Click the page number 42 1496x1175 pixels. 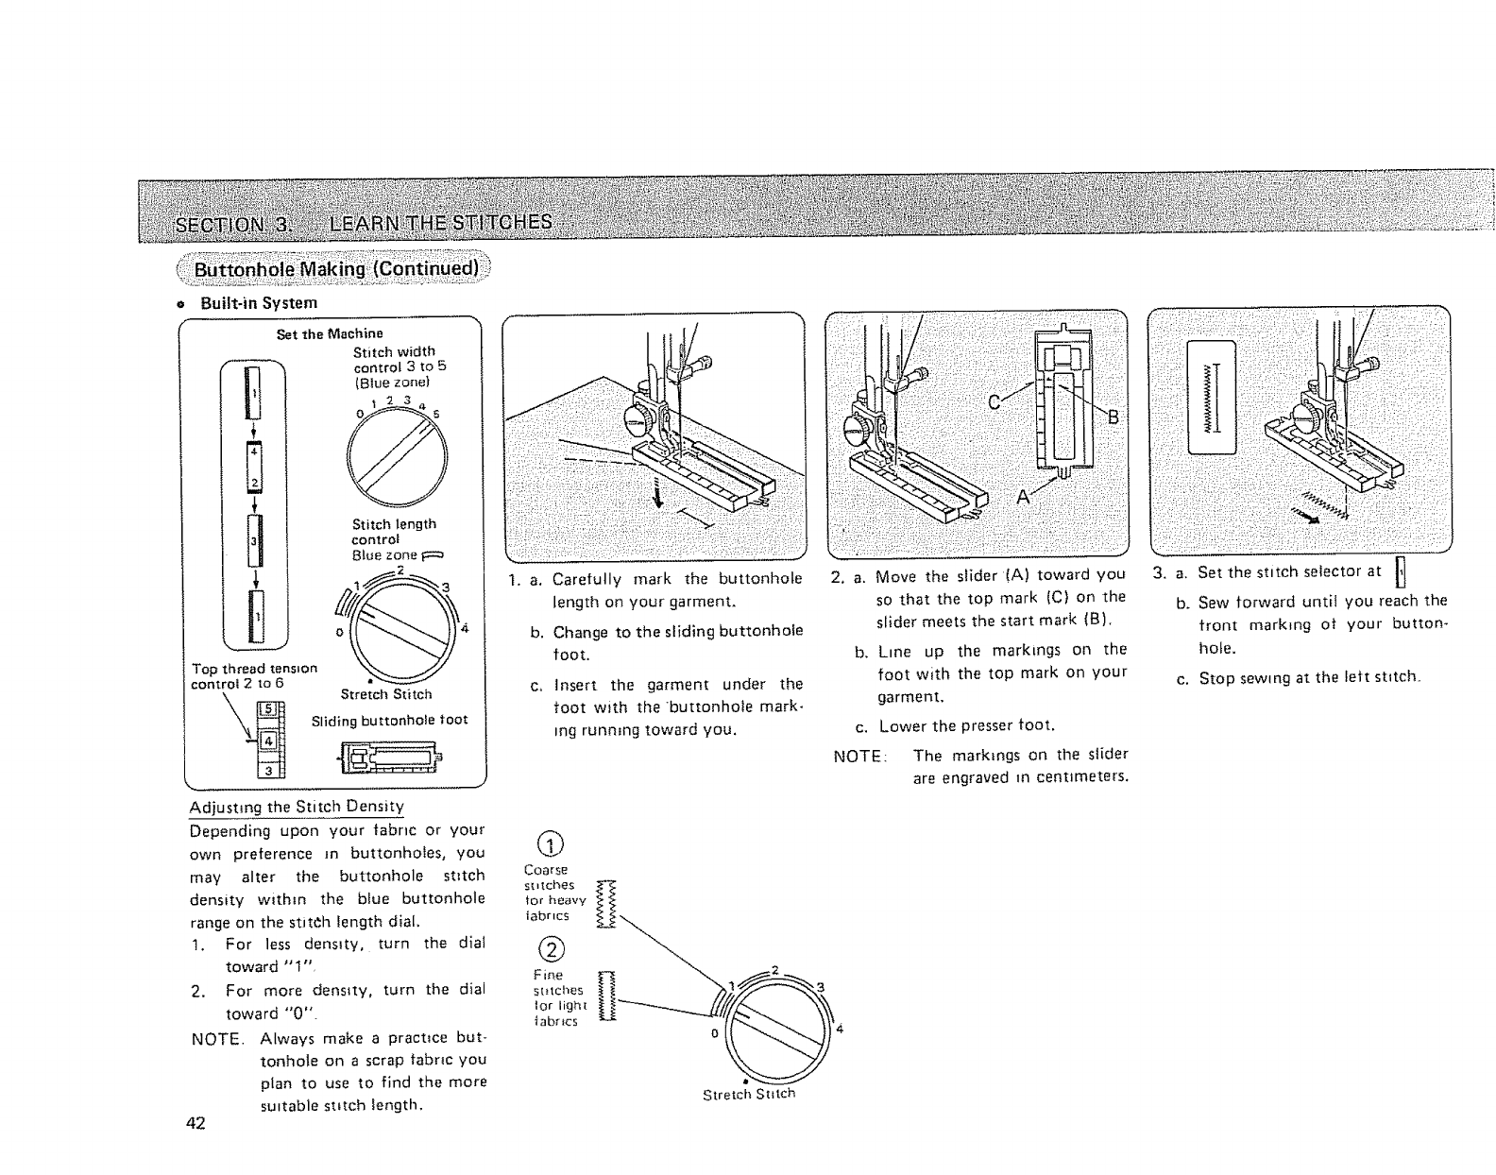click(196, 1123)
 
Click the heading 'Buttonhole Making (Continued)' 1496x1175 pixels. click(335, 269)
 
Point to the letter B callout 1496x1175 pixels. click(1112, 417)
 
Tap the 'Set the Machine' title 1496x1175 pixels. click(329, 333)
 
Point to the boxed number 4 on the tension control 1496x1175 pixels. click(267, 741)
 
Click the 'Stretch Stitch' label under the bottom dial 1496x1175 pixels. click(749, 1094)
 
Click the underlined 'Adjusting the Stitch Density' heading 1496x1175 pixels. click(297, 807)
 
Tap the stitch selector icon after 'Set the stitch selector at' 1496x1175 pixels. click(1401, 571)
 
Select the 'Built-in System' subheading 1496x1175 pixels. click(258, 303)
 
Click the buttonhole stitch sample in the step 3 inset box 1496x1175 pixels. click(1212, 396)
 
